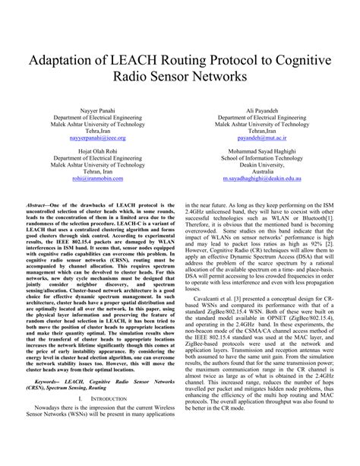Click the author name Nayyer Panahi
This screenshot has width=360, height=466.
coord(98,111)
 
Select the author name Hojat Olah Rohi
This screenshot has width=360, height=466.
coord(98,149)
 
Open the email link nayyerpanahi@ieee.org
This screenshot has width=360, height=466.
coord(98,139)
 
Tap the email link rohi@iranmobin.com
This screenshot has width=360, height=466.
coord(98,177)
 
